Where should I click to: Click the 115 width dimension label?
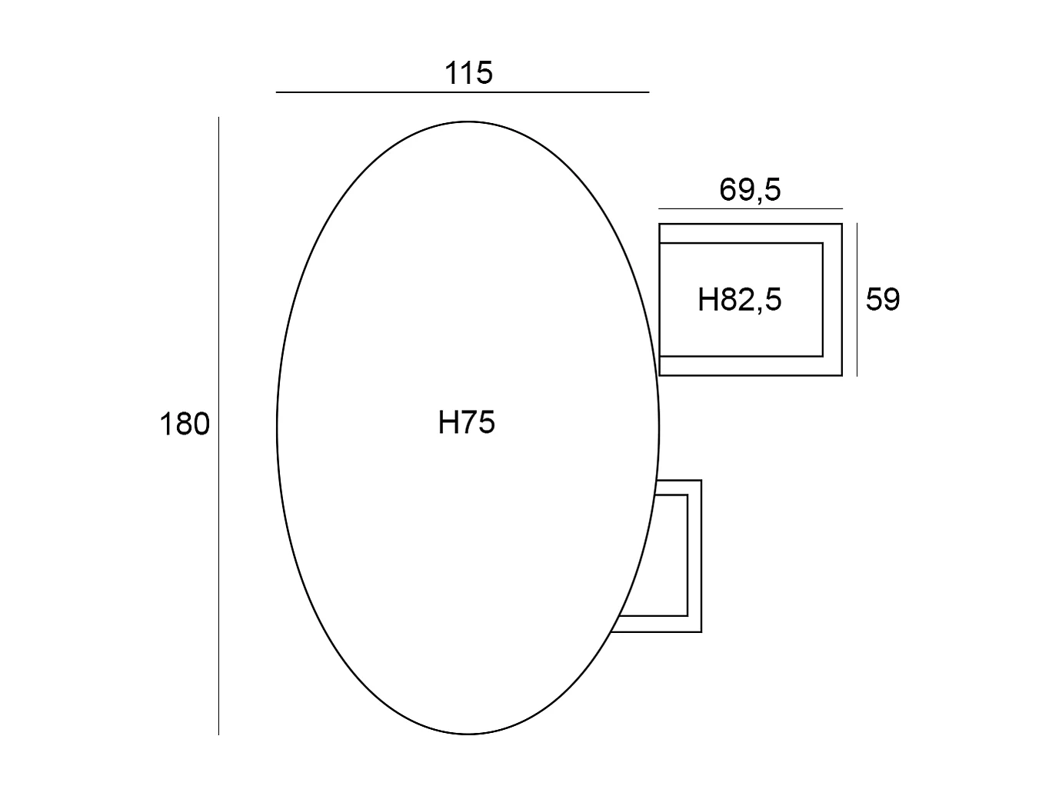pyautogui.click(x=468, y=73)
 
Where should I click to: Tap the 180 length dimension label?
pyautogui.click(x=185, y=424)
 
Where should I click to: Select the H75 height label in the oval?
pyautogui.click(x=467, y=422)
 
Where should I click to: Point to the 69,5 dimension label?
pyautogui.click(x=750, y=190)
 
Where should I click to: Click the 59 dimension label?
pyautogui.click(x=883, y=299)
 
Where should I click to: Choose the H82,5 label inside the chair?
pyautogui.click(x=739, y=299)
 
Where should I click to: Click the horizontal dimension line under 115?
pyautogui.click(x=462, y=92)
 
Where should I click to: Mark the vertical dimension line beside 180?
pyautogui.click(x=218, y=426)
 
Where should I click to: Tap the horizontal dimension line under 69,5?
pyautogui.click(x=751, y=209)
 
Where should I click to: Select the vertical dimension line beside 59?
pyautogui.click(x=857, y=299)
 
